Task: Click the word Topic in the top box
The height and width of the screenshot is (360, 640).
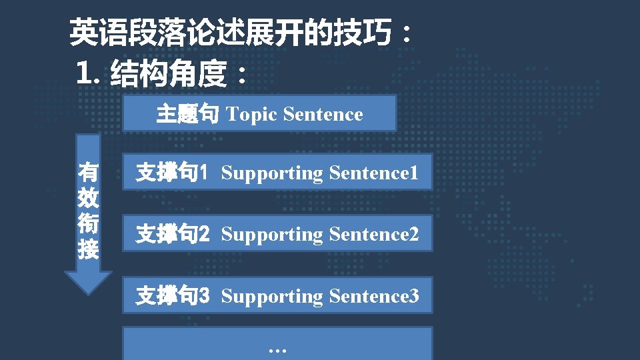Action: [x=251, y=115]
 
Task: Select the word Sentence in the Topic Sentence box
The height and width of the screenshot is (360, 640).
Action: [x=323, y=115]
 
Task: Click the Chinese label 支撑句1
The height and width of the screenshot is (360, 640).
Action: [x=173, y=173]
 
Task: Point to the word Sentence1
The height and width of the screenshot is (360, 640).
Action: [x=374, y=173]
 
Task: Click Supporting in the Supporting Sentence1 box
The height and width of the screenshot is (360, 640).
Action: [x=272, y=173]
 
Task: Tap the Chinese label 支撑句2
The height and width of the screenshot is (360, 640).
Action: [x=173, y=235]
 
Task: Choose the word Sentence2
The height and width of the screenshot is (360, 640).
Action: [x=374, y=235]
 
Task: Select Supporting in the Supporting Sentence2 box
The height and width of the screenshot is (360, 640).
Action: [x=272, y=235]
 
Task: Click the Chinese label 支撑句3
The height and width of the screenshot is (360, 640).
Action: [x=173, y=295]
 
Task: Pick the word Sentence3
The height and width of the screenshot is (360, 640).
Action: [x=374, y=295]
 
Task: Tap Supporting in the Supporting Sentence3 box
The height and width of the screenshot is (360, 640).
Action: [x=272, y=295]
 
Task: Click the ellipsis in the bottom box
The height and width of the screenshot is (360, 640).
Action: [x=277, y=349]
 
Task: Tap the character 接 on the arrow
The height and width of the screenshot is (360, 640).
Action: [x=88, y=250]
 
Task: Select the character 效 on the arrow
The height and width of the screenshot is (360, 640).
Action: [x=88, y=198]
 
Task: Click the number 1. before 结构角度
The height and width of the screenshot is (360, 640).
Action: [x=89, y=73]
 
